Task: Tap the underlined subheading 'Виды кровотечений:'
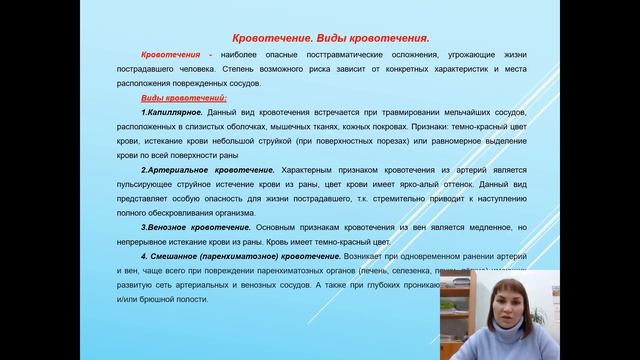[x=185, y=98]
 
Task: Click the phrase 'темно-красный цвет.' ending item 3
[x=357, y=242]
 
